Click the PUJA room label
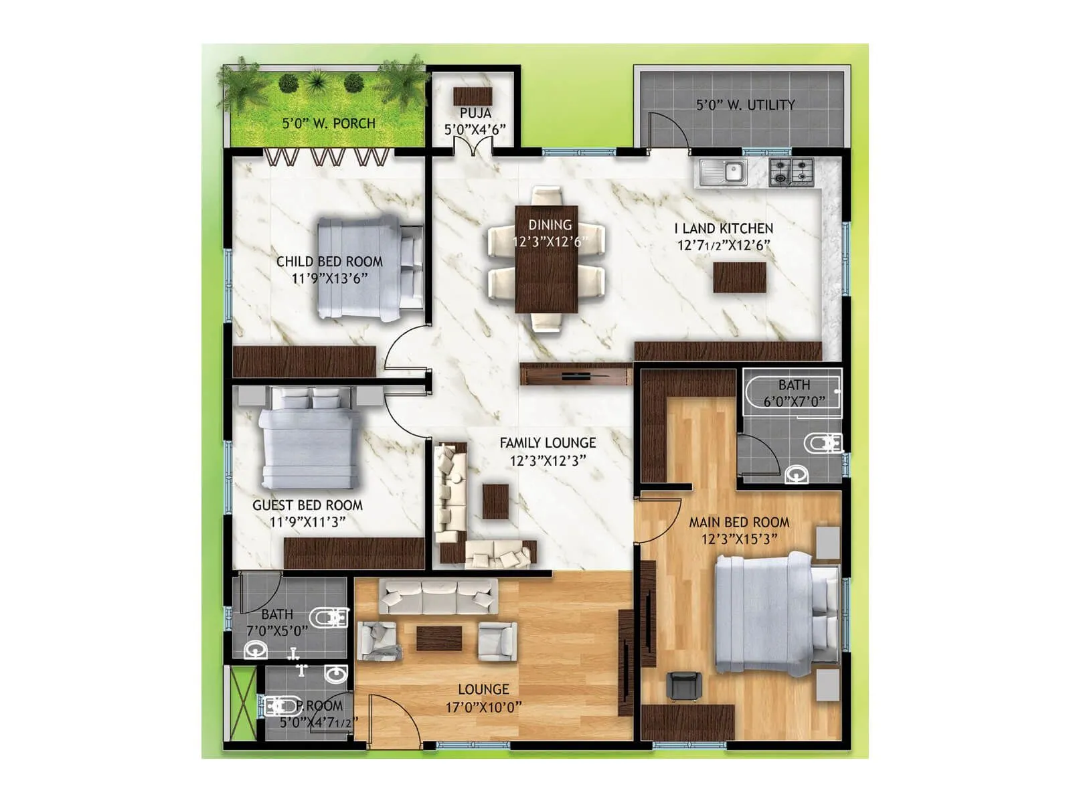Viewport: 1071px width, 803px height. tap(475, 113)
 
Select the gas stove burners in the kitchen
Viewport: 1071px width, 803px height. tap(791, 171)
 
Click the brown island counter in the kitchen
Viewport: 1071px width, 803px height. tap(739, 277)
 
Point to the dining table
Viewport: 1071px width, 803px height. tap(546, 260)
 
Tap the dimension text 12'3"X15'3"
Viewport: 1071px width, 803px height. tap(739, 539)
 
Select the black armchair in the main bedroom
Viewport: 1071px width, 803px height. tap(684, 686)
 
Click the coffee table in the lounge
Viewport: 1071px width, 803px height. tap(438, 638)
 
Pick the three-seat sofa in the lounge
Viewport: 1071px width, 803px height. tap(438, 596)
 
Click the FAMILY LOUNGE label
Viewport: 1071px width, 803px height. tap(548, 443)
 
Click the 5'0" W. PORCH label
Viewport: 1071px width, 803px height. tap(328, 124)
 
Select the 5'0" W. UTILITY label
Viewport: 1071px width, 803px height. tap(745, 105)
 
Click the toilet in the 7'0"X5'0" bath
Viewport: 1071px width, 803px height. tap(328, 617)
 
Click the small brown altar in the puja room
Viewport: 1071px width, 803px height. tap(473, 96)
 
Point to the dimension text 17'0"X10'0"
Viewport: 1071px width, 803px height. tap(483, 707)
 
